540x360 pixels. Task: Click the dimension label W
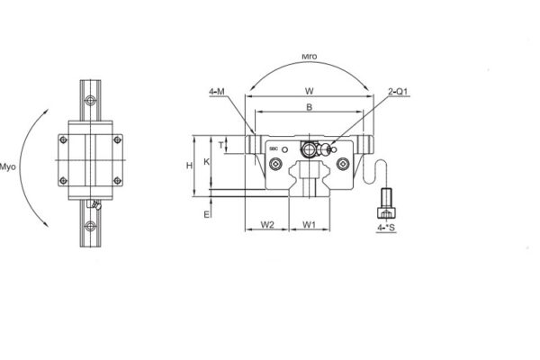(309, 91)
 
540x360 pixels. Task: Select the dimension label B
(309, 106)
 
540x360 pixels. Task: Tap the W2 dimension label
(266, 224)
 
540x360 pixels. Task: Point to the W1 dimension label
(309, 224)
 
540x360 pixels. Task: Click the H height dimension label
(188, 166)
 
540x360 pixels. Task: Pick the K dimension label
(207, 162)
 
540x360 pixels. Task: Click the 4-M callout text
(218, 91)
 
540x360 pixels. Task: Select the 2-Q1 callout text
(399, 91)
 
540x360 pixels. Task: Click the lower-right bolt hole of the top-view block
(117, 181)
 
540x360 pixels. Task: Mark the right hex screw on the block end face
(343, 163)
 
